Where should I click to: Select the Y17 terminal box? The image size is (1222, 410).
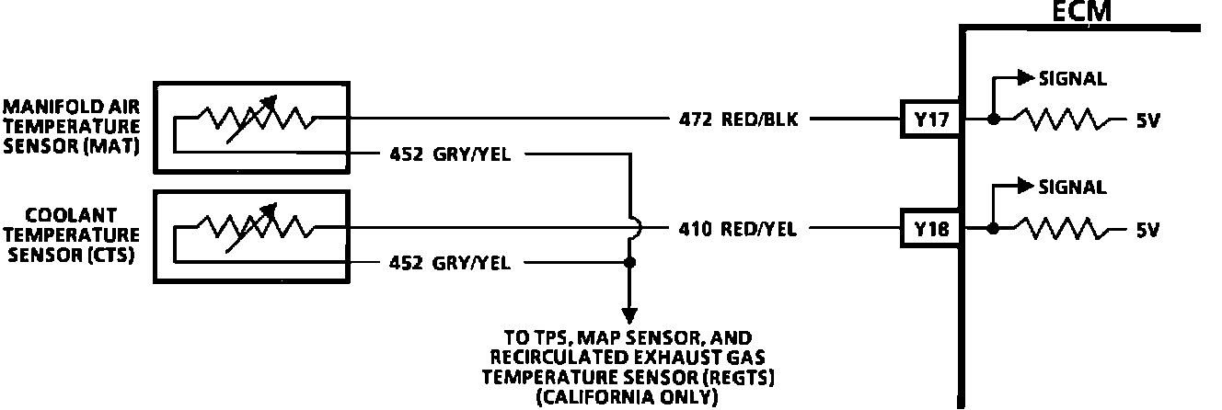930,120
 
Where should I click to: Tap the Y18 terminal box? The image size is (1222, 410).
930,228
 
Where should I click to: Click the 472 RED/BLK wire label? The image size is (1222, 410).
734,120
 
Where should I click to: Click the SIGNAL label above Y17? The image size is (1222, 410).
1072,79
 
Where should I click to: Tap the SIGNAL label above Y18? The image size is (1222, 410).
1072,188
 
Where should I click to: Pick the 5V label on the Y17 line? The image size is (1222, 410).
1147,120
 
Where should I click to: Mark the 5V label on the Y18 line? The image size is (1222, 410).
1147,229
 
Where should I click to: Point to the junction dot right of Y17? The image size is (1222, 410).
992,120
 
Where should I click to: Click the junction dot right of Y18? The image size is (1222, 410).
992,228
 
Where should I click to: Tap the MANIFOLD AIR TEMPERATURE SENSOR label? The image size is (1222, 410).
72,126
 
